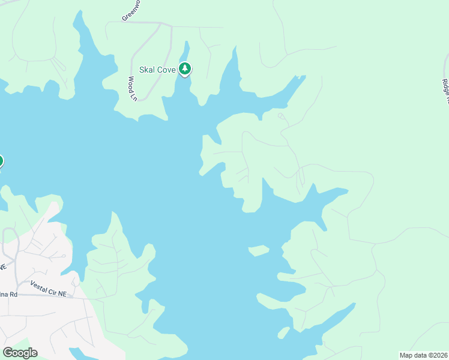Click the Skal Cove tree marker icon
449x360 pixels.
tap(185, 69)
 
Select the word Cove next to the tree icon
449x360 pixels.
tap(166, 70)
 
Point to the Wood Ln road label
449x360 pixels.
tap(133, 88)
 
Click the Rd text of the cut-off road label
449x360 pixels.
tap(13, 295)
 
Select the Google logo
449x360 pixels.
tap(20, 353)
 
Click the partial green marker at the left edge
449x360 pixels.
tap(1, 161)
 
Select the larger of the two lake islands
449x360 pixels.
tap(259, 250)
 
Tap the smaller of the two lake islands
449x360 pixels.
tap(284, 331)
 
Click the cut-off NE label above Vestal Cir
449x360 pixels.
tap(3, 266)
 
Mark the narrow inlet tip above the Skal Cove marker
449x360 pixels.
tap(187, 44)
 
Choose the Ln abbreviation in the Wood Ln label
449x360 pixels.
tap(134, 96)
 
